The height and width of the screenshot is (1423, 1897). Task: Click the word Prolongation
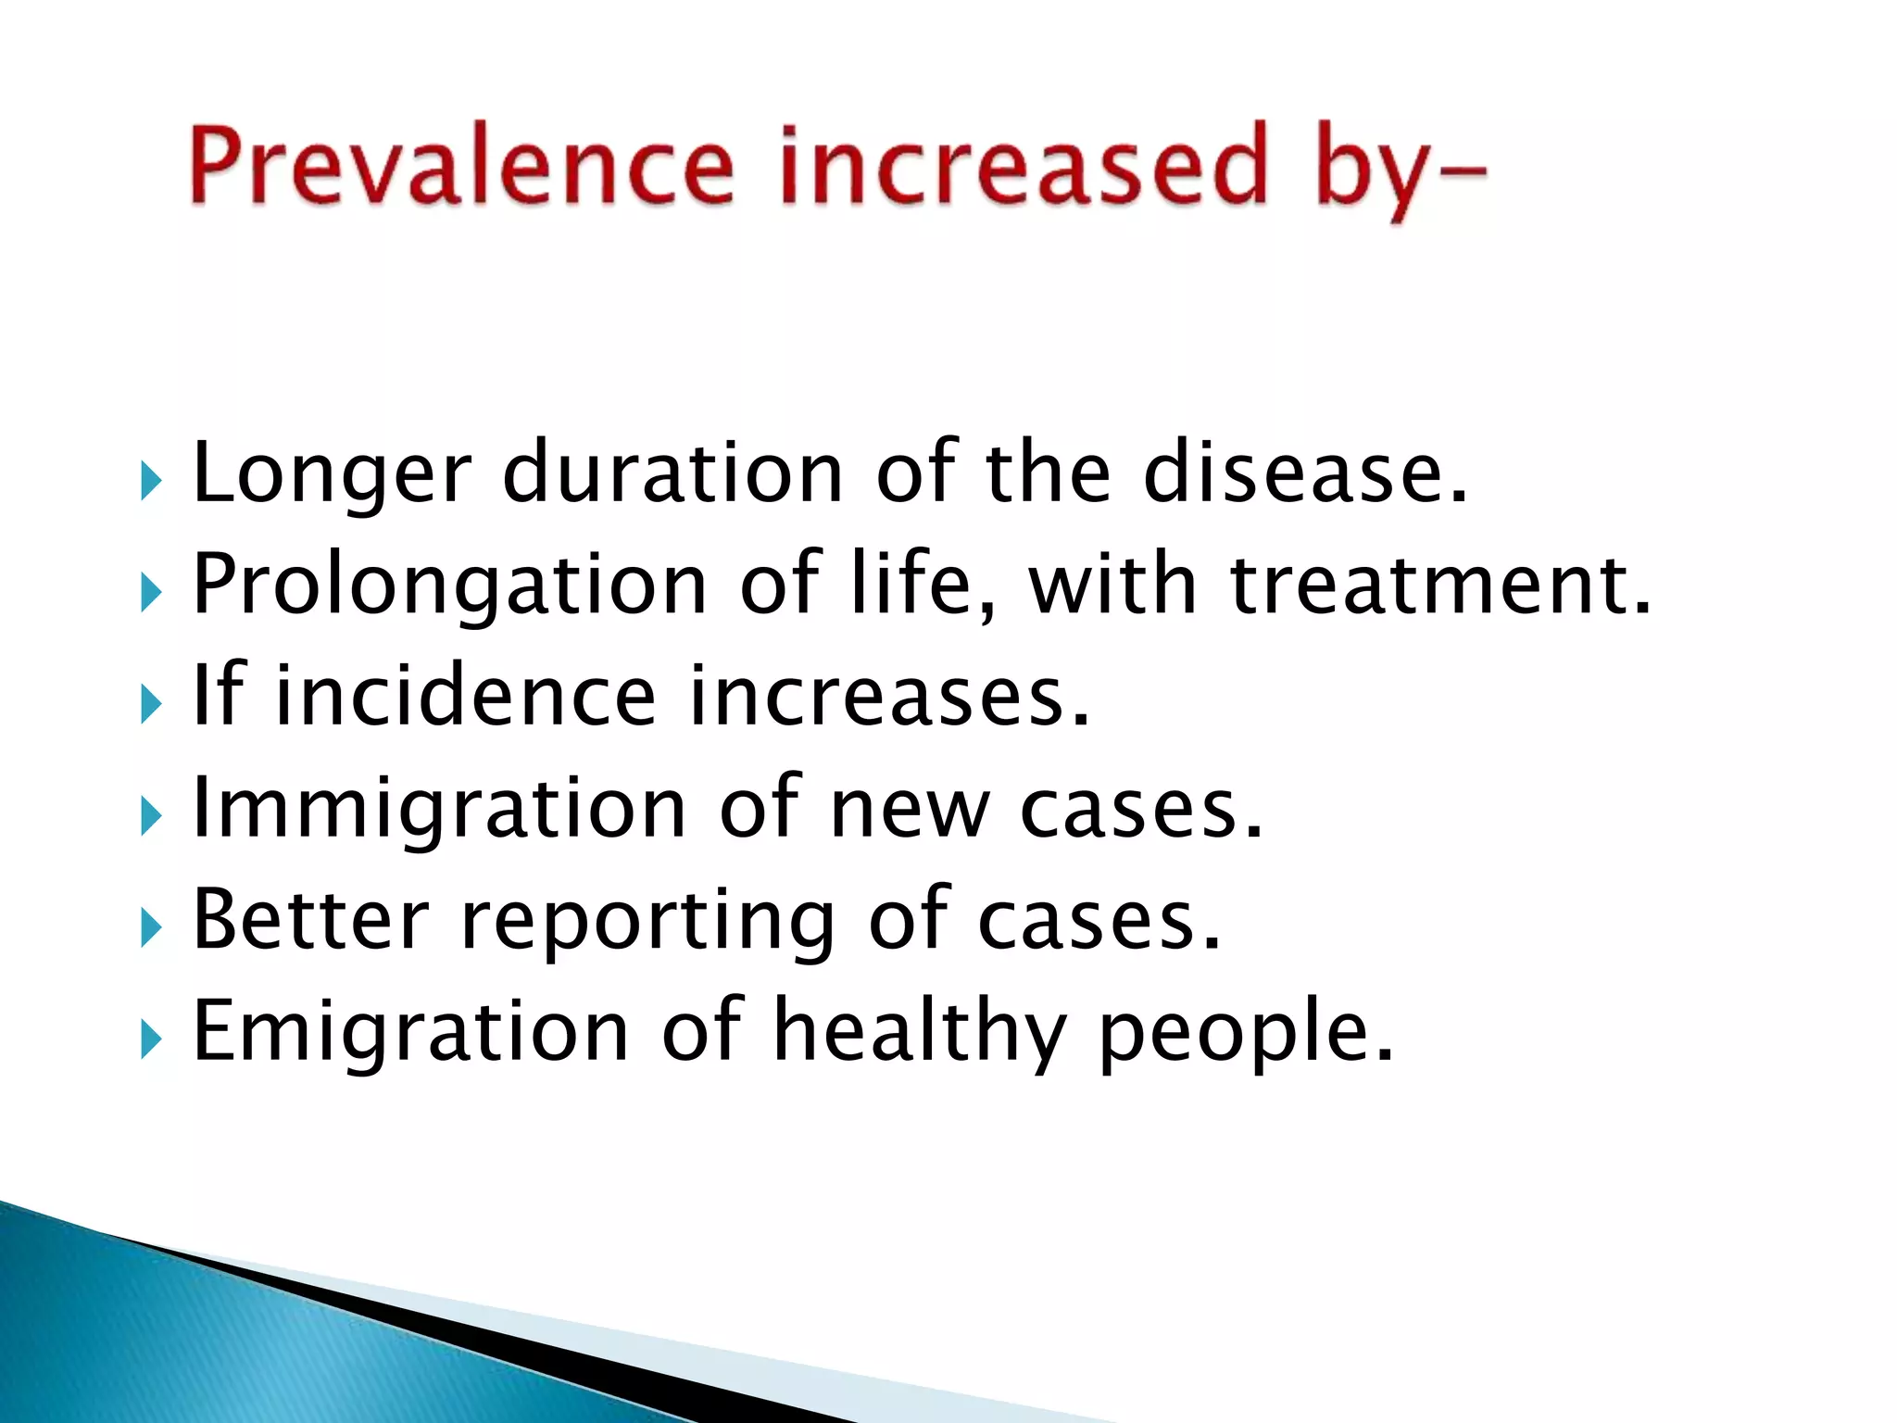click(x=449, y=586)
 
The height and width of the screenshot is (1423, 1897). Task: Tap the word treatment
click(x=1439, y=585)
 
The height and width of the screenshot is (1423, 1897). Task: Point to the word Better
click(x=310, y=919)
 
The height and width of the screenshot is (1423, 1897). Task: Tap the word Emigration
click(x=410, y=1031)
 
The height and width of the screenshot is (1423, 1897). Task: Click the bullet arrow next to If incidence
click(x=152, y=705)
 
